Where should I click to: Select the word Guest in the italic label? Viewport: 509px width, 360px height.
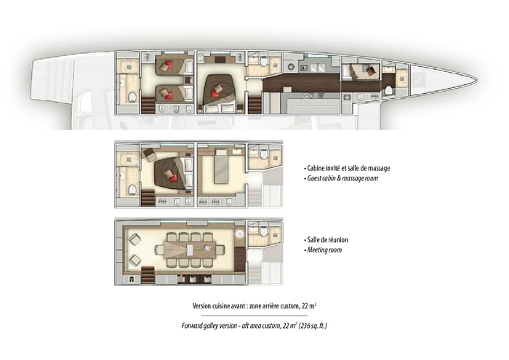(x=315, y=178)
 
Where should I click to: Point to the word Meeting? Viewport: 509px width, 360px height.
(x=318, y=250)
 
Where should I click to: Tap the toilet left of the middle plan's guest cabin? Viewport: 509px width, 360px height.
(x=132, y=189)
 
